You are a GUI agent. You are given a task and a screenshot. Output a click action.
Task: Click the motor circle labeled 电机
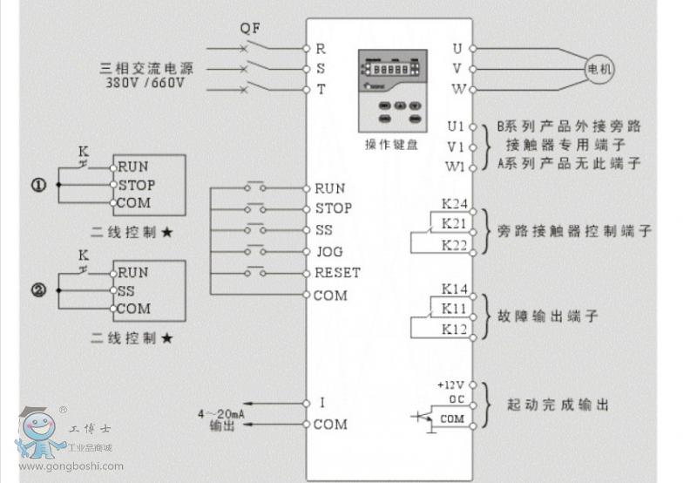pyautogui.click(x=599, y=68)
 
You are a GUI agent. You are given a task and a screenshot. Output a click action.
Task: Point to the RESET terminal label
pyautogui.click(x=336, y=273)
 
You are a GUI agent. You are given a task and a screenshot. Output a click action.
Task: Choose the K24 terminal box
pyautogui.click(x=455, y=205)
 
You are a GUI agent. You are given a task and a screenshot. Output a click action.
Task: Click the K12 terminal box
pyautogui.click(x=455, y=329)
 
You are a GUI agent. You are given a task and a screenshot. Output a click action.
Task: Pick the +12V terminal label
pyautogui.click(x=451, y=384)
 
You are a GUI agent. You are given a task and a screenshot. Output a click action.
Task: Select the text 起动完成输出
pyautogui.click(x=558, y=405)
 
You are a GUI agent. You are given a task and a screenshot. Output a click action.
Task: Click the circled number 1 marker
pyautogui.click(x=39, y=185)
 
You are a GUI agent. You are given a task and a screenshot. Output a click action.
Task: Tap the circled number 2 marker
pyautogui.click(x=39, y=291)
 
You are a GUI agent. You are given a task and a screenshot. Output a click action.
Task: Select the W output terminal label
pyautogui.click(x=458, y=89)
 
